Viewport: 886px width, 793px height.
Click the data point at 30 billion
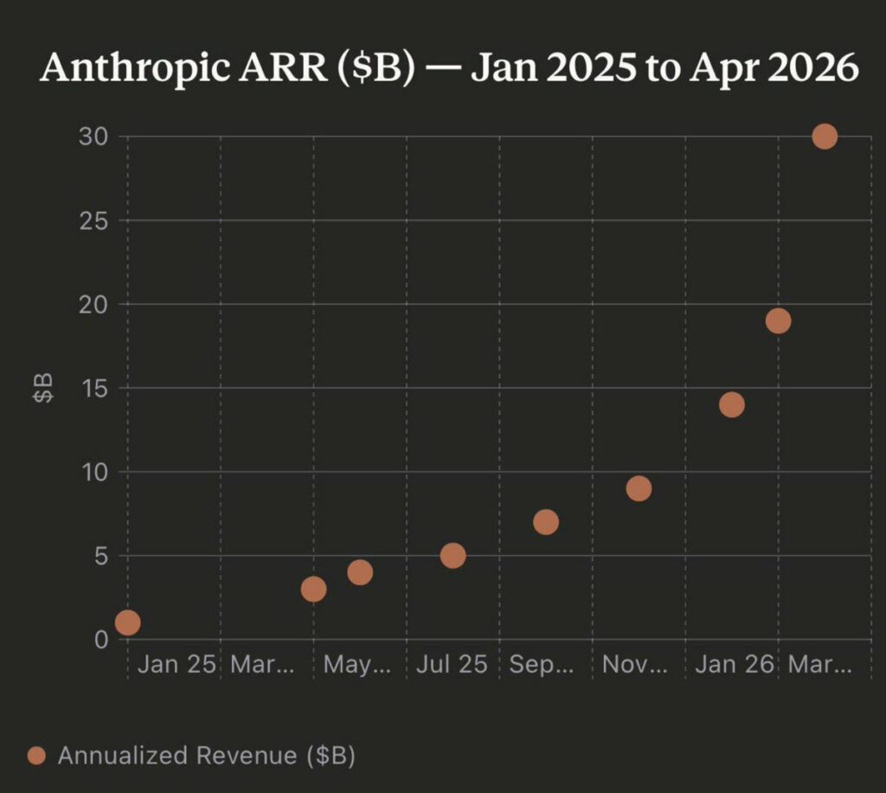point(825,137)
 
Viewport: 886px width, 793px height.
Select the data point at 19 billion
point(778,321)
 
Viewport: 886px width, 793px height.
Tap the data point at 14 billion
point(731,404)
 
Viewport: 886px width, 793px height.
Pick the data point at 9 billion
point(639,488)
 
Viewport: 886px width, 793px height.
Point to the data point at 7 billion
point(546,522)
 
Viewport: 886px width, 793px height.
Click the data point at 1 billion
point(127,622)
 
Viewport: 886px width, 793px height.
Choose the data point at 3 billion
point(313,590)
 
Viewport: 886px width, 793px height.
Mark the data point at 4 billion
point(360,572)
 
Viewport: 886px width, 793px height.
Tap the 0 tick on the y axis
point(100,640)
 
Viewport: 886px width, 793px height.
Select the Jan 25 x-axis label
point(176,665)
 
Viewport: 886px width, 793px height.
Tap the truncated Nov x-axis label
point(635,665)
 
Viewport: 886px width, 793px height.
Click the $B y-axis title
point(43,388)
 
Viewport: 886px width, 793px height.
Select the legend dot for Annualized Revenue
point(36,756)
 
